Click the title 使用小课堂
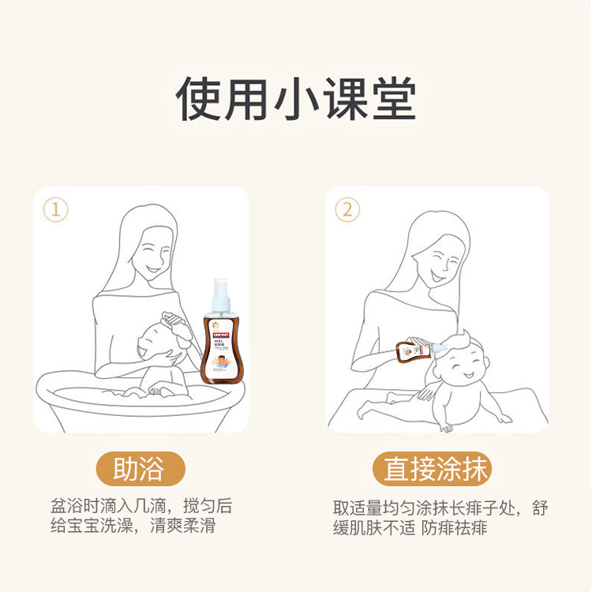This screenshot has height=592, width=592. click(295, 99)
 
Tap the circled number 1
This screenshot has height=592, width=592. click(55, 210)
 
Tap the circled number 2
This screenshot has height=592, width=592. click(347, 210)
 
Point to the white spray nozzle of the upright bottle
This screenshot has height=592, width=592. click(220, 289)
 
